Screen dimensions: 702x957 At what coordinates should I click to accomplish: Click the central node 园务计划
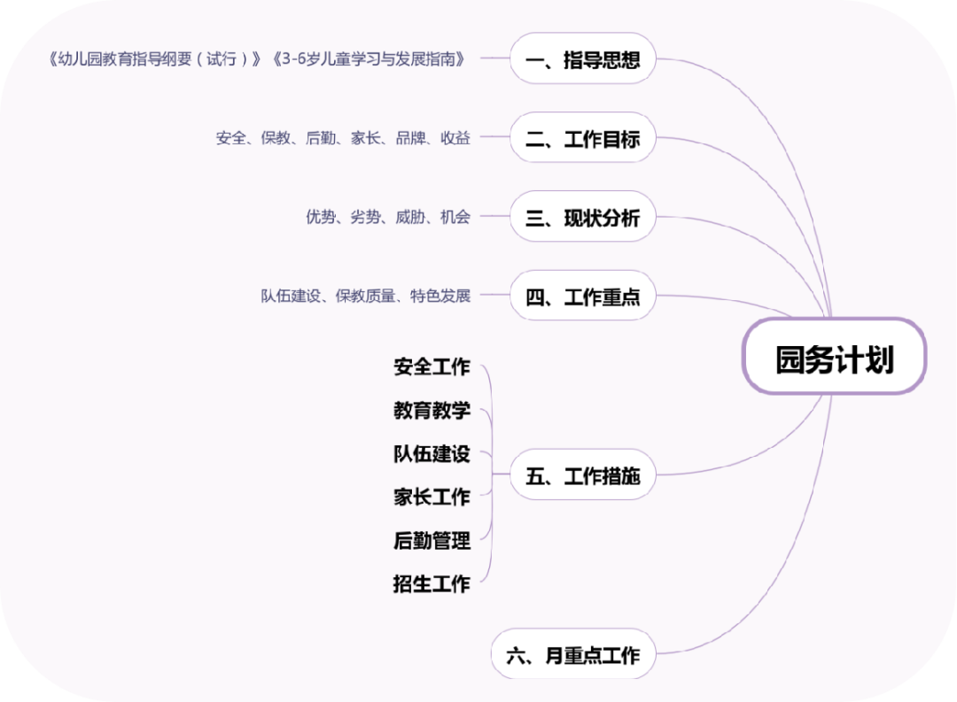[x=834, y=359]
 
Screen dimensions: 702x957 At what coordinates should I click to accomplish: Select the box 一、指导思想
[x=582, y=60]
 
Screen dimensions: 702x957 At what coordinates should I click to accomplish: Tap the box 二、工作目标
[x=582, y=139]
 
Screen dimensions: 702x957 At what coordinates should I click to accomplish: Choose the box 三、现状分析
[x=582, y=218]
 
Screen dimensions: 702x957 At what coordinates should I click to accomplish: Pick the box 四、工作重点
[x=582, y=297]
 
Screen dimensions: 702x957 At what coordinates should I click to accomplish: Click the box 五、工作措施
[x=582, y=476]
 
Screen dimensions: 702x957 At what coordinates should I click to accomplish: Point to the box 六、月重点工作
[x=573, y=656]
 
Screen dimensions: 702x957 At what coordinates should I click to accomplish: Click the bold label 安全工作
[x=432, y=366]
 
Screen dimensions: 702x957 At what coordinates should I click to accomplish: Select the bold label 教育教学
[x=432, y=411]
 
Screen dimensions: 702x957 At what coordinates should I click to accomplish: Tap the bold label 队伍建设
[x=432, y=454]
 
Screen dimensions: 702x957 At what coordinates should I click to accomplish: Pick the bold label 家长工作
[x=432, y=497]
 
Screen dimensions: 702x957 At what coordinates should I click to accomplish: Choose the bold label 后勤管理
[x=432, y=540]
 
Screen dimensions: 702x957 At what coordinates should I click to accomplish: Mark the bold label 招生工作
[x=432, y=583]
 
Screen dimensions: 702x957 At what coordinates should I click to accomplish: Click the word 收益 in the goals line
[x=455, y=138]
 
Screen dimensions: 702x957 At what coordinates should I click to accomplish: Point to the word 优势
[x=321, y=217]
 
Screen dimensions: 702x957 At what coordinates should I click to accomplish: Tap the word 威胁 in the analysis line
[x=410, y=217]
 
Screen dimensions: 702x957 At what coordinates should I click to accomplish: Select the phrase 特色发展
[x=440, y=296]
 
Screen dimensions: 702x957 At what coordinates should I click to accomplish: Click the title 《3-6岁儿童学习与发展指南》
[x=367, y=59]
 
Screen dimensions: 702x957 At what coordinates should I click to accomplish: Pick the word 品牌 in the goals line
[x=410, y=138]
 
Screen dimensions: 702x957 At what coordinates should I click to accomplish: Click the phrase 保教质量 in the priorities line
[x=365, y=296]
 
